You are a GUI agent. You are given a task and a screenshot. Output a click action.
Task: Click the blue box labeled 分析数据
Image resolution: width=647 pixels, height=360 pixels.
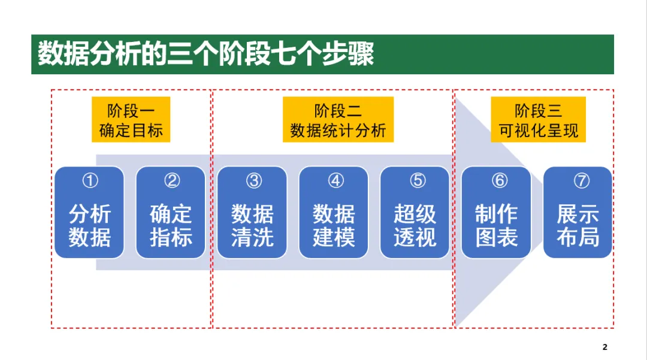[x=89, y=213]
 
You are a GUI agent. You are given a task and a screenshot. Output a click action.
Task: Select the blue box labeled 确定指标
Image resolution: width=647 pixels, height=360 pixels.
[x=171, y=213]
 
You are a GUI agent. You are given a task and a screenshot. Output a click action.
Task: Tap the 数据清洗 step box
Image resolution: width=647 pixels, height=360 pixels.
[x=252, y=213]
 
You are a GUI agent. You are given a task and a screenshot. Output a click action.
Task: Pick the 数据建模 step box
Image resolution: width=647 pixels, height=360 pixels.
[x=334, y=213]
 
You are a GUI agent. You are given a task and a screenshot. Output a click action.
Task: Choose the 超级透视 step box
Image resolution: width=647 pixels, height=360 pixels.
[x=415, y=213]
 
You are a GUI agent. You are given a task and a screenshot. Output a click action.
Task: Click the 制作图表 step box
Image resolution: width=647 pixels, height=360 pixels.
[x=496, y=213]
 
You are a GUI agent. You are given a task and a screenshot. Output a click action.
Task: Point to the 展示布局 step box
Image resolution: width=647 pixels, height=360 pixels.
[x=578, y=213]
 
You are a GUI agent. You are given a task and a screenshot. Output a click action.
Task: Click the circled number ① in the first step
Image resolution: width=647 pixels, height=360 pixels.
[x=90, y=181]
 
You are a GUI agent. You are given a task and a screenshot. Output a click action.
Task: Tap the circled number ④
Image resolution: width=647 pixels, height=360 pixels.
[x=334, y=181]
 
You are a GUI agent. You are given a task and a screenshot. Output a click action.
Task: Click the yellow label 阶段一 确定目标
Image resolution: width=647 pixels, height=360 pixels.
[x=131, y=120]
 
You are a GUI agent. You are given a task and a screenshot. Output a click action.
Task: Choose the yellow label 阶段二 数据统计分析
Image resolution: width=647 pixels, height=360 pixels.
[x=338, y=120]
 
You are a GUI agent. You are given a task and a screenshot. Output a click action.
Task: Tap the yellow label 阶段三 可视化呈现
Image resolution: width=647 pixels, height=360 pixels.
[x=538, y=120]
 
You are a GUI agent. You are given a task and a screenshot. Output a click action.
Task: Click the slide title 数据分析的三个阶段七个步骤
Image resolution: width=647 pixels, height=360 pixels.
[x=205, y=55]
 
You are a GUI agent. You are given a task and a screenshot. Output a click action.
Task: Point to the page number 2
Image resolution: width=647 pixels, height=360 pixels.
[x=604, y=347]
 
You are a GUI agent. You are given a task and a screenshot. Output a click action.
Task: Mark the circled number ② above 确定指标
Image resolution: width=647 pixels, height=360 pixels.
[x=172, y=181]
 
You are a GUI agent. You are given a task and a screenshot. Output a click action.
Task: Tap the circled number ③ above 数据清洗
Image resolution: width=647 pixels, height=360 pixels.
[x=253, y=181]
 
